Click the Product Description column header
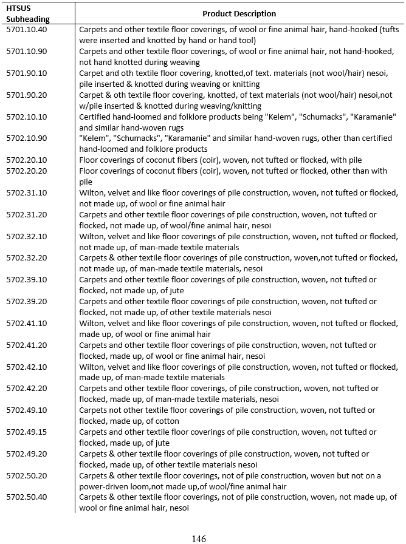pyautogui.click(x=239, y=13)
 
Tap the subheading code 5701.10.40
pyautogui.click(x=27, y=29)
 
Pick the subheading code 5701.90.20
pyautogui.click(x=27, y=95)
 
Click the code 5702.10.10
pyautogui.click(x=27, y=117)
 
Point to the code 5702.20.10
pyautogui.click(x=27, y=160)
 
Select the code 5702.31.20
pyautogui.click(x=27, y=215)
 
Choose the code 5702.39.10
pyautogui.click(x=27, y=280)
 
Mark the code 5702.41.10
pyautogui.click(x=27, y=324)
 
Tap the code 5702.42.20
pyautogui.click(x=27, y=389)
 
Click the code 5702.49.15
pyautogui.click(x=27, y=432)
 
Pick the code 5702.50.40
pyautogui.click(x=27, y=497)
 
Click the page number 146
pyautogui.click(x=199, y=539)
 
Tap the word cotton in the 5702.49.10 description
pyautogui.click(x=167, y=421)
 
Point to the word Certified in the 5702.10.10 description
pyautogui.click(x=96, y=117)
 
